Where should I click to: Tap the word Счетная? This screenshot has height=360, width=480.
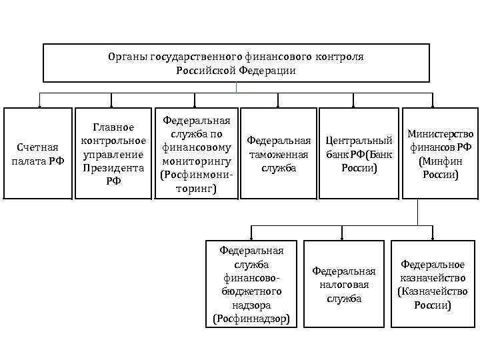[37, 147]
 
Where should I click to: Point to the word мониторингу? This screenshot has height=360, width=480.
[195, 161]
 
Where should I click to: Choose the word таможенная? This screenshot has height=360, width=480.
[279, 155]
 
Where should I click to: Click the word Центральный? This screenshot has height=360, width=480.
[359, 141]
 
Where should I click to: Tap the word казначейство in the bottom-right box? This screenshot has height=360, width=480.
[433, 278]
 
